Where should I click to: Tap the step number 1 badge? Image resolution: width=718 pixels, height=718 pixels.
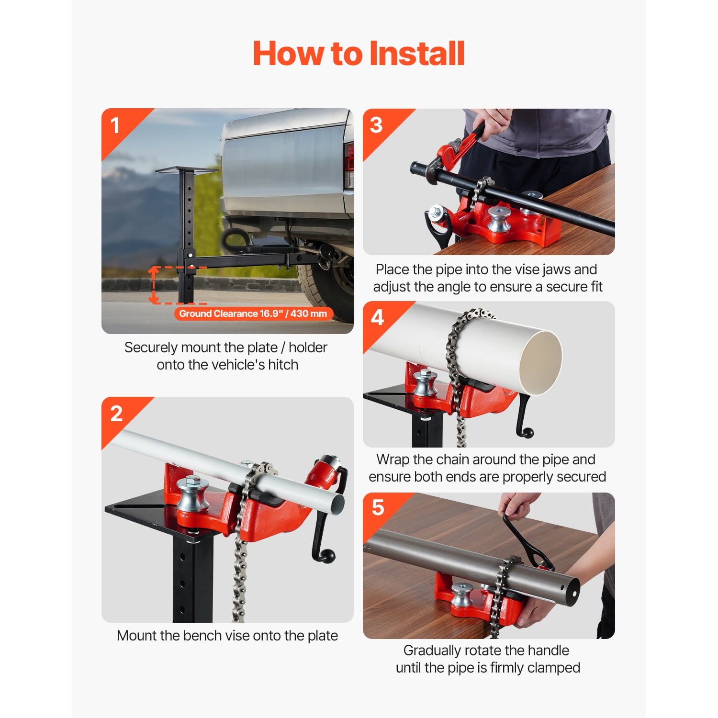tap(115, 126)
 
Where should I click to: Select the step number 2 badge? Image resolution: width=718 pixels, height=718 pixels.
tap(116, 414)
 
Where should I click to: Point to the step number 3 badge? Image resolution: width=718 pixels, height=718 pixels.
tap(376, 125)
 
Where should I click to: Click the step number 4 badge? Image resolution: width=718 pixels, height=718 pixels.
tap(377, 317)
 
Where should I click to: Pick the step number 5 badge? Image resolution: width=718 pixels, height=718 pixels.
tap(378, 507)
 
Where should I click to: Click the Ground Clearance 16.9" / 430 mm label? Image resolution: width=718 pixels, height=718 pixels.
tap(253, 314)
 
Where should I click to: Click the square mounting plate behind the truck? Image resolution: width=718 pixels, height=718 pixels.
tap(186, 170)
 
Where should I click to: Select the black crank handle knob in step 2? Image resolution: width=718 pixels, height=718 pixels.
tap(329, 557)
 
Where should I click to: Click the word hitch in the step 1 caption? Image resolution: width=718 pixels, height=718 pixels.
tap(283, 365)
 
